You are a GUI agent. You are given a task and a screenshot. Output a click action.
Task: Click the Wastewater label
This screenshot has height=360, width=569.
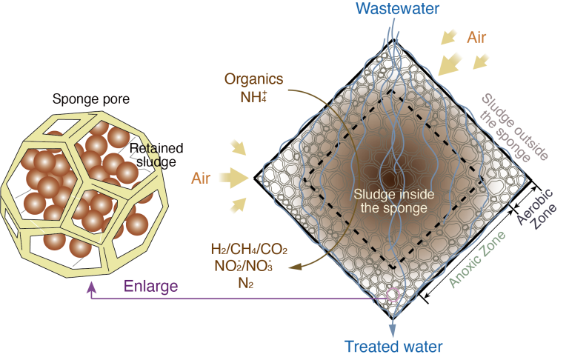pyautogui.click(x=397, y=8)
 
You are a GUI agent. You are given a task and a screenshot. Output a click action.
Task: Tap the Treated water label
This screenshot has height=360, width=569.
pyautogui.click(x=393, y=347)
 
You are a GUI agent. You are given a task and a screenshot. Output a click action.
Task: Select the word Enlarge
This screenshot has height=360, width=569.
pyautogui.click(x=150, y=287)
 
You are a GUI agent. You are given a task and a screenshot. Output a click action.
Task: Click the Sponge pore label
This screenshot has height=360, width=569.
pyautogui.click(x=91, y=99)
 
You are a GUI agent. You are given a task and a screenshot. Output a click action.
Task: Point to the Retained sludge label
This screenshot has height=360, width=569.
pyautogui.click(x=156, y=155)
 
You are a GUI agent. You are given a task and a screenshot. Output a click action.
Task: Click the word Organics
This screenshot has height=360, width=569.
pyautogui.click(x=253, y=79)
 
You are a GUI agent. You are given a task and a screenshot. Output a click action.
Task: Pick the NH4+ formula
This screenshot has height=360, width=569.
pyautogui.click(x=253, y=97)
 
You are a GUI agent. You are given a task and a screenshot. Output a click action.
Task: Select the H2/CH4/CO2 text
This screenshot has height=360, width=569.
pyautogui.click(x=249, y=250)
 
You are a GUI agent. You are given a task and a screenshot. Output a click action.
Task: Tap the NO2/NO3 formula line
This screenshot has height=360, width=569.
pyautogui.click(x=244, y=266)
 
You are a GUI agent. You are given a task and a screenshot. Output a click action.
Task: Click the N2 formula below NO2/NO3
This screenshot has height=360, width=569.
pyautogui.click(x=246, y=283)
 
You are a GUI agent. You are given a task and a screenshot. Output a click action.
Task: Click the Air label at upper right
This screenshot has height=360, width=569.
pyautogui.click(x=476, y=37)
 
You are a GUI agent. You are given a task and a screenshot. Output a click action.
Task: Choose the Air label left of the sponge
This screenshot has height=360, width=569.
pyautogui.click(x=201, y=179)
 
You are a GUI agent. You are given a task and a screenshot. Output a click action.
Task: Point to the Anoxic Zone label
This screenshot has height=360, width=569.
pyautogui.click(x=477, y=259)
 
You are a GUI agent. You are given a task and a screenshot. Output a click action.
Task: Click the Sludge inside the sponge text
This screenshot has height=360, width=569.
pyautogui.click(x=393, y=201)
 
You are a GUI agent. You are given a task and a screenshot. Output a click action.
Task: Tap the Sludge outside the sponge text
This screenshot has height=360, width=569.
pyautogui.click(x=513, y=127)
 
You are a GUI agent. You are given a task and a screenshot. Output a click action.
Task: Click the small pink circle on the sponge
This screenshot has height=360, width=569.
pyautogui.click(x=393, y=295)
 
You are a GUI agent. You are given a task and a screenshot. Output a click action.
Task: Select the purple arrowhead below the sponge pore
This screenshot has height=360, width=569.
pyautogui.click(x=92, y=287)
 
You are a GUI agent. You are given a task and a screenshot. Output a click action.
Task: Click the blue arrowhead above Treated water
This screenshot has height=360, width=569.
pyautogui.click(x=393, y=330)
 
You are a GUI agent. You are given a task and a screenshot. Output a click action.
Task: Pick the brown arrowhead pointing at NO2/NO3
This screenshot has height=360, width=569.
pyautogui.click(x=296, y=267)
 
